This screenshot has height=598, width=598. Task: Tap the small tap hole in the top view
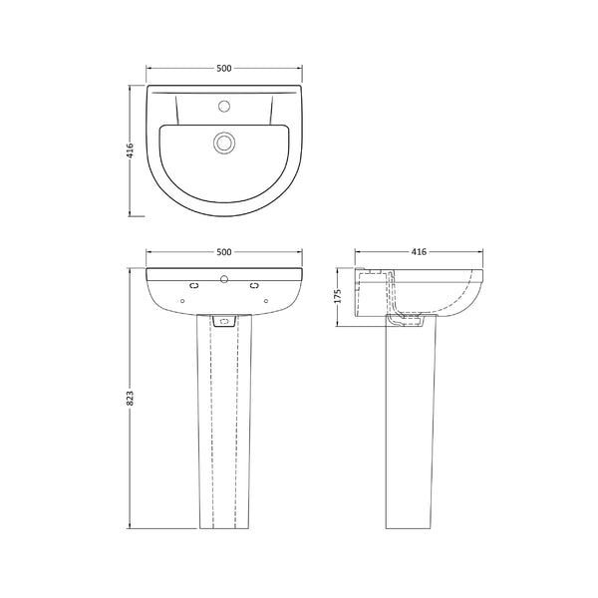pos(224,104)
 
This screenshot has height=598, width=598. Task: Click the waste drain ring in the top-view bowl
pos(223,143)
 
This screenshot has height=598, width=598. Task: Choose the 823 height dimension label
pos(131,397)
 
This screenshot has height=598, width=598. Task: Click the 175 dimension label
pos(339,296)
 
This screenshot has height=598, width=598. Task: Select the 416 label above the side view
pos(418,252)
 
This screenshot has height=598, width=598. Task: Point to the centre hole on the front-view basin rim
pos(223,279)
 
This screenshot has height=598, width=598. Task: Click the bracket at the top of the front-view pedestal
pos(223,321)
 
